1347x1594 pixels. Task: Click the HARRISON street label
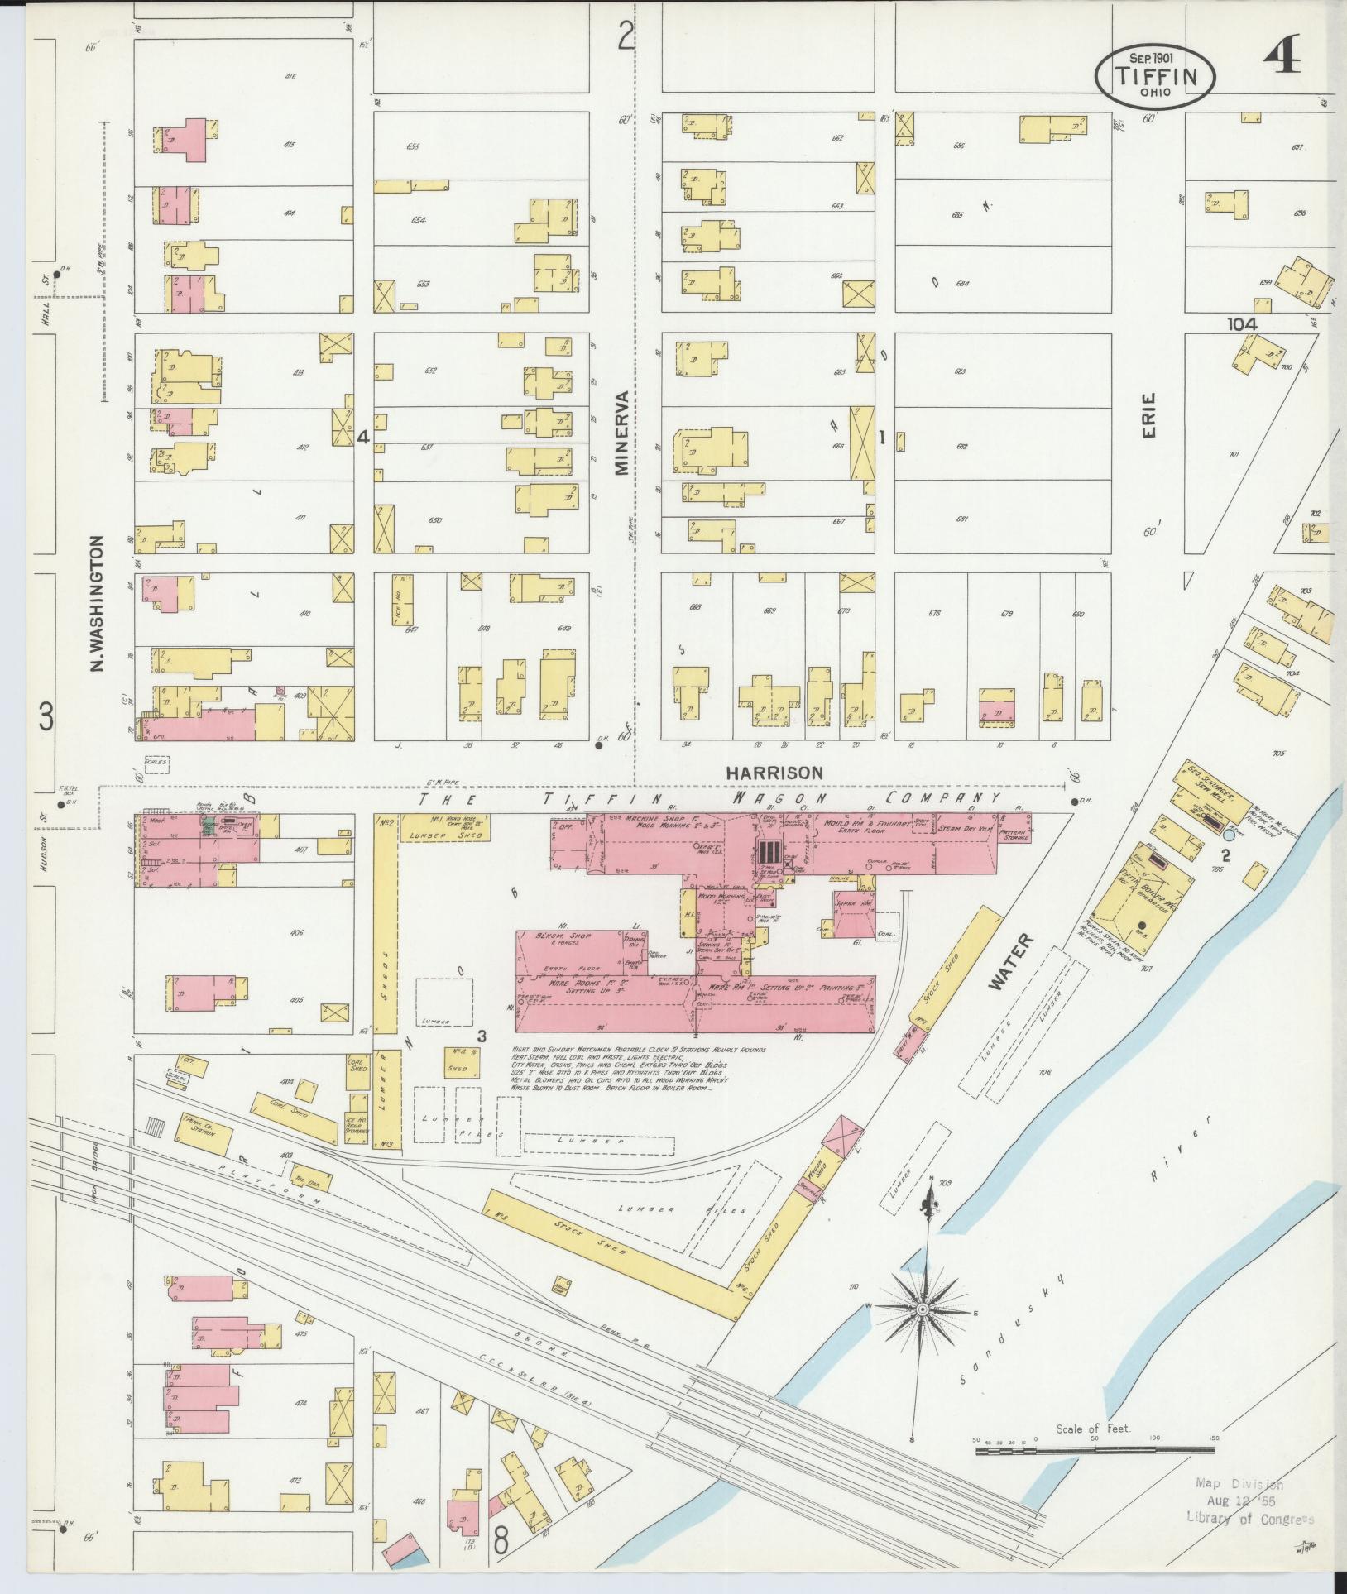[x=774, y=772]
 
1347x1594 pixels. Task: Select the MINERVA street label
[x=622, y=432]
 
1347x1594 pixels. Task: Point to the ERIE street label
[x=1151, y=414]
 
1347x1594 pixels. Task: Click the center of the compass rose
[x=921, y=1310]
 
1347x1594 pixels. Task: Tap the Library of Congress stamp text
[x=1249, y=1518]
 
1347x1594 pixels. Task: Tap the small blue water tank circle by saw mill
[x=1229, y=836]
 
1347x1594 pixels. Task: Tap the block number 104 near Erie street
[x=1242, y=325]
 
